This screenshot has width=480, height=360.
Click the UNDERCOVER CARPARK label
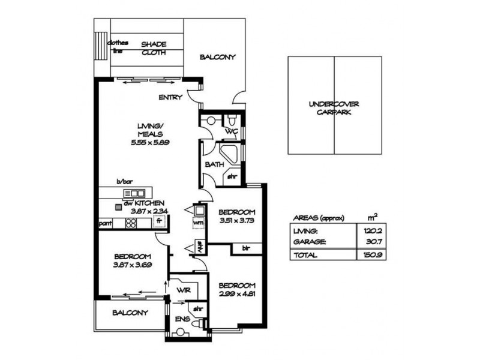pyautogui.click(x=334, y=107)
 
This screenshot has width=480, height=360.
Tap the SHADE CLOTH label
pyautogui.click(x=154, y=48)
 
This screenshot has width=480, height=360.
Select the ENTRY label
pyautogui.click(x=170, y=97)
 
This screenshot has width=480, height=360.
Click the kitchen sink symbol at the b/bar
pyautogui.click(x=134, y=193)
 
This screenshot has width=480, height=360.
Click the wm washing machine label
pyautogui.click(x=198, y=223)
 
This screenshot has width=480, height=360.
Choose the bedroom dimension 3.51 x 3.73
pyautogui.click(x=236, y=221)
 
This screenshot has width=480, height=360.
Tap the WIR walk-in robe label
pyautogui.click(x=183, y=290)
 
